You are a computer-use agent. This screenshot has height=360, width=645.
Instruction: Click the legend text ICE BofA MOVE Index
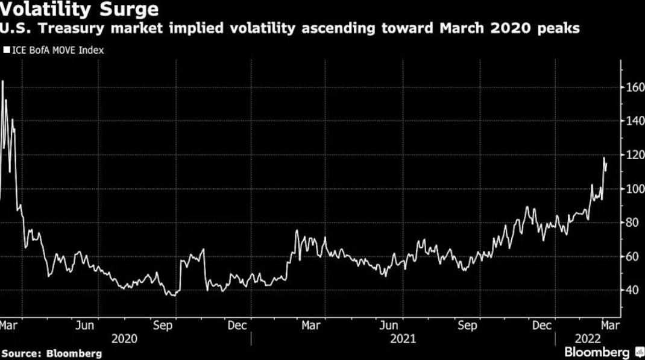click(58, 51)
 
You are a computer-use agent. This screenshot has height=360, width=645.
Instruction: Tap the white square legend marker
click(7, 51)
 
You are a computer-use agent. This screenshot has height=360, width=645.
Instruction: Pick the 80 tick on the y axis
click(633, 223)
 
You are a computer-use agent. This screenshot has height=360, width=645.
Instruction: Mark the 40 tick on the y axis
click(633, 290)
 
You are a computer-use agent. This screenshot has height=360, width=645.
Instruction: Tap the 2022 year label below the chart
click(588, 339)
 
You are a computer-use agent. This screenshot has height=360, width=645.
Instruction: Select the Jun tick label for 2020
click(85, 326)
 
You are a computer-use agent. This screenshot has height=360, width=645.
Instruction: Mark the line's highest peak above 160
click(2, 81)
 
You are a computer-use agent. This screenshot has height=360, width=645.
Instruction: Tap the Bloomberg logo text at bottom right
click(597, 352)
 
